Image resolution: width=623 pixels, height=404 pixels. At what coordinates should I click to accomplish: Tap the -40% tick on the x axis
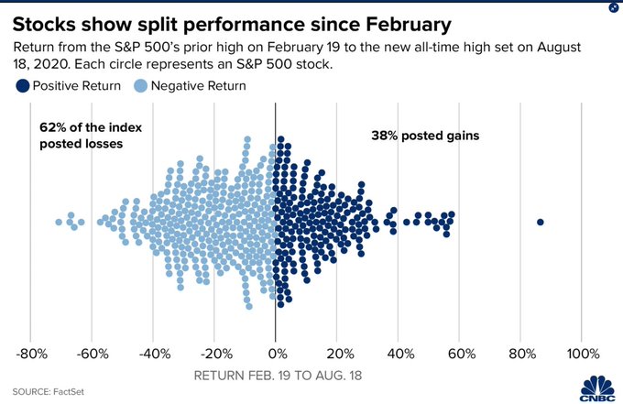coord(153,353)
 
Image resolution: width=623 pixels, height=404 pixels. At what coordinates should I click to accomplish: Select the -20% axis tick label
coord(214,353)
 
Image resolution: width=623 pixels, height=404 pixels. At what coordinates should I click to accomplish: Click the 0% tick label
coord(276,353)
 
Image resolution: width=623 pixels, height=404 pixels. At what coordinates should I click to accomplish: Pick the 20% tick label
coord(337,353)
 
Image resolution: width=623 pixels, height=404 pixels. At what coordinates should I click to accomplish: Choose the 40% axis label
coord(399,353)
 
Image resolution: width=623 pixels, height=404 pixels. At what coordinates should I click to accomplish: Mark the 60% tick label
coord(460,353)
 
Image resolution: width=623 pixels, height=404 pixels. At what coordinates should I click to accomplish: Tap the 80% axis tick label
coord(521,353)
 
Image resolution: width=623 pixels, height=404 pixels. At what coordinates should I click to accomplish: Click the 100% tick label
coord(582,353)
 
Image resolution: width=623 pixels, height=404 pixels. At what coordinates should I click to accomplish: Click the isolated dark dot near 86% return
coord(541,222)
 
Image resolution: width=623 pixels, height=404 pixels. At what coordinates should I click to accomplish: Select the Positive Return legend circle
coord(21,85)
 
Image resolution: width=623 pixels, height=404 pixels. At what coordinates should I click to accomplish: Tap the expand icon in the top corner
coord(613,8)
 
